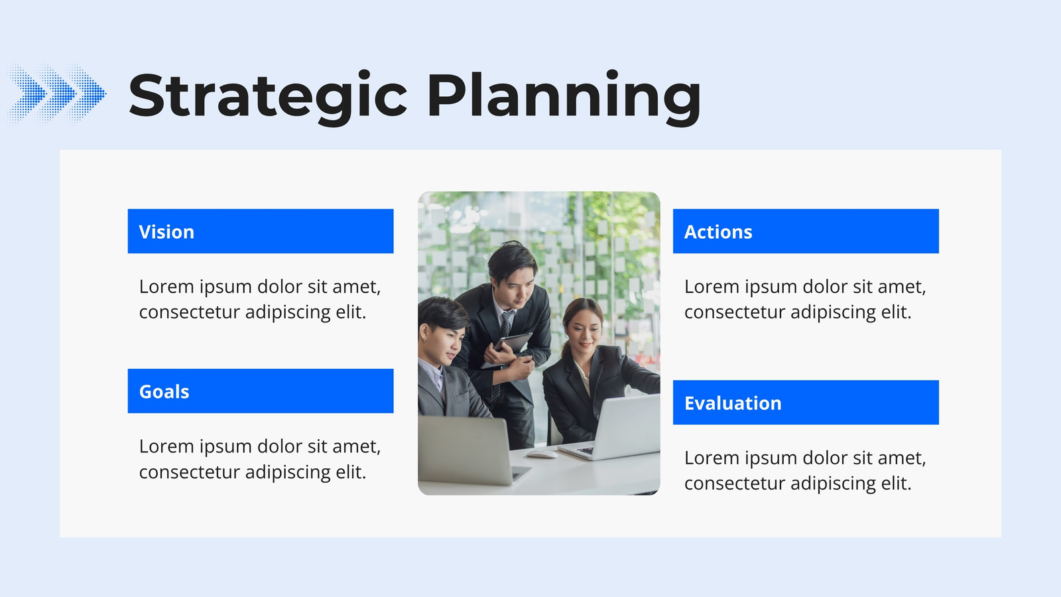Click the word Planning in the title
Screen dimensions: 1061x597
pos(564,98)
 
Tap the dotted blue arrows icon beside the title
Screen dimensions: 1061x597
pos(55,94)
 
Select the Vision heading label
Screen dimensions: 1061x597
pos(166,232)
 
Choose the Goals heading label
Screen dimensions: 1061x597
pos(164,392)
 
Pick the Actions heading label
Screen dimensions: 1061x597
pos(718,232)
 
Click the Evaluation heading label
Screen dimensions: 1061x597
pos(733,403)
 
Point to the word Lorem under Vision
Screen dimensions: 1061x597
pos(166,287)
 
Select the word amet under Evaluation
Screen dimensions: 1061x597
pos(902,458)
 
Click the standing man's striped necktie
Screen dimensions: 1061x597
pos(506,324)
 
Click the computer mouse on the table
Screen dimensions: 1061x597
pos(542,454)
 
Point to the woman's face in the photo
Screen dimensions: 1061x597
pos(583,332)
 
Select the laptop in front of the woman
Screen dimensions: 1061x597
pos(611,428)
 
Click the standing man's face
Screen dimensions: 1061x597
pos(514,284)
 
